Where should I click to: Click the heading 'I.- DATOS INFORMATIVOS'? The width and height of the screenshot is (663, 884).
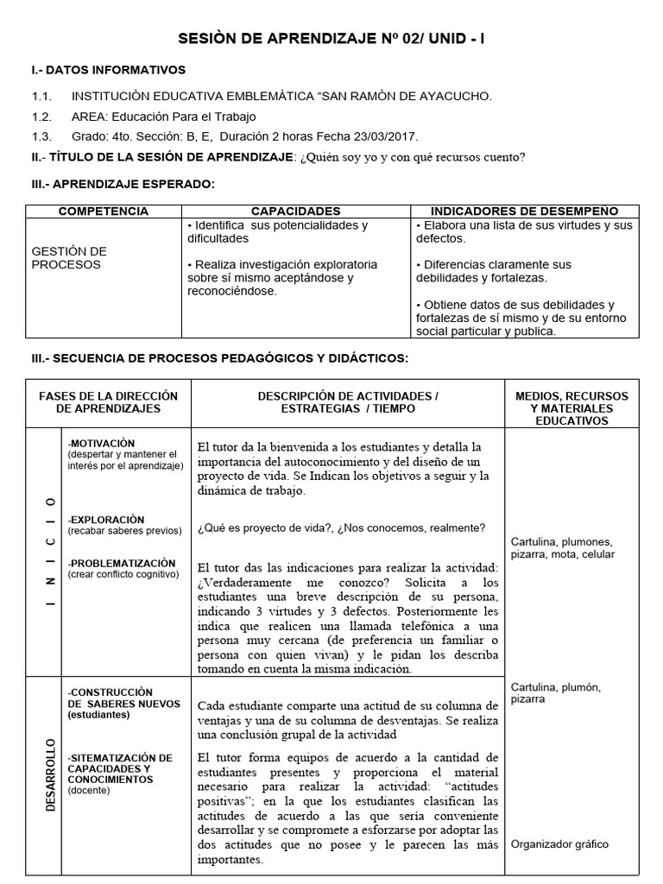point(108,70)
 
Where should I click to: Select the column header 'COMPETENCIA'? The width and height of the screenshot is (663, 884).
point(103,212)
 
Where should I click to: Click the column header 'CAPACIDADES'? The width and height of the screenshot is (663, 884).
point(295,212)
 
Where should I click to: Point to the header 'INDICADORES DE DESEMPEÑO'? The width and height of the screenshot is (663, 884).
point(524,212)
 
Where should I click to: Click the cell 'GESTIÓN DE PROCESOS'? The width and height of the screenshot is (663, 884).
point(69,258)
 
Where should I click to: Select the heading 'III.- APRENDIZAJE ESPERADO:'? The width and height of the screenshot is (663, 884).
point(123,184)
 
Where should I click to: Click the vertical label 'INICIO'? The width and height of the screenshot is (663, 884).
point(51,552)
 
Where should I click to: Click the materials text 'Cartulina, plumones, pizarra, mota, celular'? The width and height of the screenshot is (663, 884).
point(563,548)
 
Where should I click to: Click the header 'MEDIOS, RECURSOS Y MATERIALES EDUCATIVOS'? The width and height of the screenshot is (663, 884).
point(571,408)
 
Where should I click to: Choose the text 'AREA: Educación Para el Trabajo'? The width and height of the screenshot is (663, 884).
point(163,117)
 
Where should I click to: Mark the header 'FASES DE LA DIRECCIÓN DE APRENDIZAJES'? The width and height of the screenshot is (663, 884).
point(109,402)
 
